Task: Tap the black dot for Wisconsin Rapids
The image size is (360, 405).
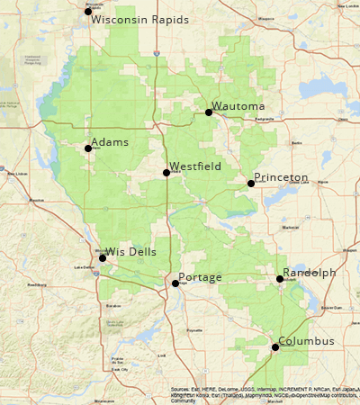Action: click(x=88, y=11)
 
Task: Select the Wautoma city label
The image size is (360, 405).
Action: click(x=239, y=106)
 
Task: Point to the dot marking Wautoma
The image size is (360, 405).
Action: click(x=209, y=112)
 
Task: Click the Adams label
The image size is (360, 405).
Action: click(x=110, y=142)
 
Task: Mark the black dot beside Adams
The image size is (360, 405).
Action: click(x=88, y=148)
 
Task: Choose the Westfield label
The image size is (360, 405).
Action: click(x=195, y=166)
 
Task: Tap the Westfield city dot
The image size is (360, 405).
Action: click(x=166, y=173)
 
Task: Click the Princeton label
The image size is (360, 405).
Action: click(x=281, y=177)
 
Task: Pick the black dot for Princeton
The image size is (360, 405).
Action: click(x=251, y=184)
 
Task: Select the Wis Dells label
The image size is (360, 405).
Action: click(x=131, y=252)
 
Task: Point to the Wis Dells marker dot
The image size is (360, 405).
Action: click(x=103, y=258)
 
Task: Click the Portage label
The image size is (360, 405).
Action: click(x=201, y=277)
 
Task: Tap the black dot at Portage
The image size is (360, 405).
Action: click(x=175, y=283)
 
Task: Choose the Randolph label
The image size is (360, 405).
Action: click(x=310, y=273)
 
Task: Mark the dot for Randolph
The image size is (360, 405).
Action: click(x=280, y=279)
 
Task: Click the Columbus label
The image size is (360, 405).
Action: click(x=306, y=341)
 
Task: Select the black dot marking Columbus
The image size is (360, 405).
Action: click(x=275, y=347)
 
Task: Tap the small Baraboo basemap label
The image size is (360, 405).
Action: click(x=112, y=306)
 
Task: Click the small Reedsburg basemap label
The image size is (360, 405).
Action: click(x=37, y=284)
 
